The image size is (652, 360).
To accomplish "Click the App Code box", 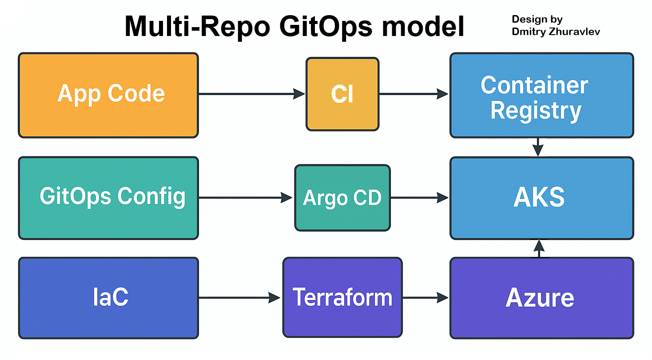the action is (108, 95).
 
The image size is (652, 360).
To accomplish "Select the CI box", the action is (342, 94).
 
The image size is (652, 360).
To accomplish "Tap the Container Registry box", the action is (542, 95).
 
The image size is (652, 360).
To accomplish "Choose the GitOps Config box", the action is (108, 198).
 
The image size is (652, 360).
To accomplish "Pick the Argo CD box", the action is (342, 198).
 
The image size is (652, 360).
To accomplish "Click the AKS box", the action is (542, 198).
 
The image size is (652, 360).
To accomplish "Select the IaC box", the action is (108, 298).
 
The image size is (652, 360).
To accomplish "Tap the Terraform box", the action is (342, 297).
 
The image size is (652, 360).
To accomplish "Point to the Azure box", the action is (542, 298).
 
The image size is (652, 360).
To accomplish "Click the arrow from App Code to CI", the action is (252, 94).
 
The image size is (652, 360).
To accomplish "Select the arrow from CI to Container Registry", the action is (414, 94).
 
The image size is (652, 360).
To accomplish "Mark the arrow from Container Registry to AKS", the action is (538, 147).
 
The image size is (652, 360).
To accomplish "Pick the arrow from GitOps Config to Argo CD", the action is (246, 197).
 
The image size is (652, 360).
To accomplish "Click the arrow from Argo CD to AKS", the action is (419, 197).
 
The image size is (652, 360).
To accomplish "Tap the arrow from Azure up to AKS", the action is (539, 248).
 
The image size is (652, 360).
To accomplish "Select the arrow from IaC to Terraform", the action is (239, 298).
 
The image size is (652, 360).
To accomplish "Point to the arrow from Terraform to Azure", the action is (425, 298).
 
